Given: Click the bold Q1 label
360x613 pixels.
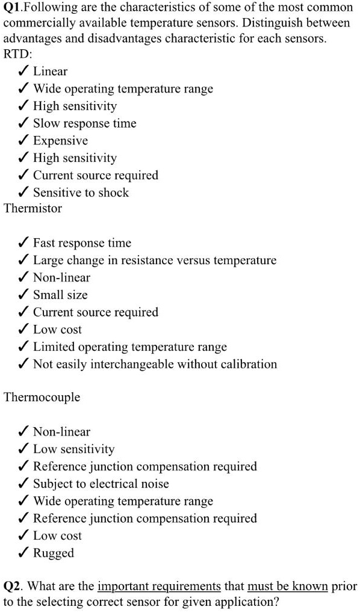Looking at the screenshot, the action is pos(13,8).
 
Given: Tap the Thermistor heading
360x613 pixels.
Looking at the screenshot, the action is pos(33,209).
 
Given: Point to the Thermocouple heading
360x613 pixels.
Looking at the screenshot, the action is pos(42,398).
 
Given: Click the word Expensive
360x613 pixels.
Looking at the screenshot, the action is pos(60,141).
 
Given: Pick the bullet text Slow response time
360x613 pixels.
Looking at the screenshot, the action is pos(84,123).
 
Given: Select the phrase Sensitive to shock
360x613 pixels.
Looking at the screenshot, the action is pos(81,193).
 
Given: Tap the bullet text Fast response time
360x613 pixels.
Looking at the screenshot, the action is pos(82,243).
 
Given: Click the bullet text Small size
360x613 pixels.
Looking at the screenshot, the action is pos(60,295).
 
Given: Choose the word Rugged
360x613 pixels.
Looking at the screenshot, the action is pos(54,553).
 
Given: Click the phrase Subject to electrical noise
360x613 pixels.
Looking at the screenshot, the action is pos(101,484).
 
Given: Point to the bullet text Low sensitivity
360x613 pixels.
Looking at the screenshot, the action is pos(73,449).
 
